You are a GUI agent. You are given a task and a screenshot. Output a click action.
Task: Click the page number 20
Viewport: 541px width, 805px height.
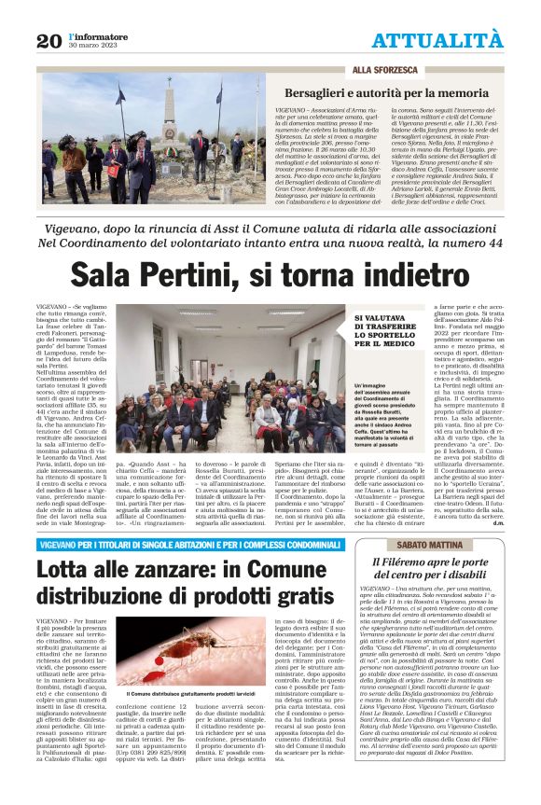(49, 40)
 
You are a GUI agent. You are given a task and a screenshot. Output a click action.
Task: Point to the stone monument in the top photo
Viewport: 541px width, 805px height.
(170, 116)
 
